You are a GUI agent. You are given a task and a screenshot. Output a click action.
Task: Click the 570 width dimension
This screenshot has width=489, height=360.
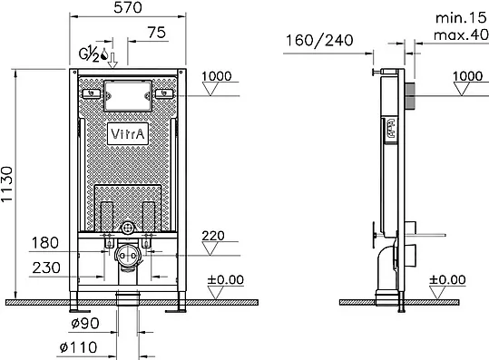(x=128, y=7)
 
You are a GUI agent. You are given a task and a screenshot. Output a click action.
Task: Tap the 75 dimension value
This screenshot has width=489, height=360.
(x=157, y=33)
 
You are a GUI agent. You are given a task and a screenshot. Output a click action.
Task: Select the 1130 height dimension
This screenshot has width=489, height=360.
(x=7, y=184)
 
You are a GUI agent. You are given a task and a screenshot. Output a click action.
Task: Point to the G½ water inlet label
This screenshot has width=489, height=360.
(x=89, y=54)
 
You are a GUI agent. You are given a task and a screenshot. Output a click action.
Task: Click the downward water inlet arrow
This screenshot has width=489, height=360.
(x=112, y=60)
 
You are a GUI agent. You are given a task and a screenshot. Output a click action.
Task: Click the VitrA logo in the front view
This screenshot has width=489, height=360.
(x=128, y=134)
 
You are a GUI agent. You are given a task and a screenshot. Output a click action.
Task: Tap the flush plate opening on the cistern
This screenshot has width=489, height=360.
(x=128, y=96)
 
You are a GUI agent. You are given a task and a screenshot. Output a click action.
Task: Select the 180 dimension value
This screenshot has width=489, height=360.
(x=45, y=243)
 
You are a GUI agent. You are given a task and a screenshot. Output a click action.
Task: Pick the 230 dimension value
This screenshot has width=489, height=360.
(x=46, y=268)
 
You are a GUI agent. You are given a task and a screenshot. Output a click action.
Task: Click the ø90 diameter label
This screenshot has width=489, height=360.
(x=85, y=323)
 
